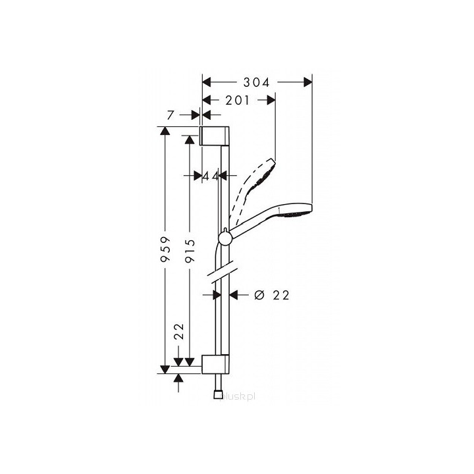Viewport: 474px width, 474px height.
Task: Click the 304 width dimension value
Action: (x=257, y=82)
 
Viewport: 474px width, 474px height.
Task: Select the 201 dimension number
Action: (x=238, y=100)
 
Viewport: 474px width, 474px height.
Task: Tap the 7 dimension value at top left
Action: (x=171, y=115)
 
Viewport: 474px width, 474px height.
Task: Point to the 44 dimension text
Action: (x=210, y=176)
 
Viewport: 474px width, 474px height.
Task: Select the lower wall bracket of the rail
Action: (x=215, y=364)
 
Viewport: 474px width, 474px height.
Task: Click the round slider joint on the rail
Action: (x=224, y=237)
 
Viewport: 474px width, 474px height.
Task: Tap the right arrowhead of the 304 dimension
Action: (x=306, y=82)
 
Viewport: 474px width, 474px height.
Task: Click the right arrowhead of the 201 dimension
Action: (x=270, y=100)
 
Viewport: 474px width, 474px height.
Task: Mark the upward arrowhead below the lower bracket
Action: (x=178, y=379)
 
